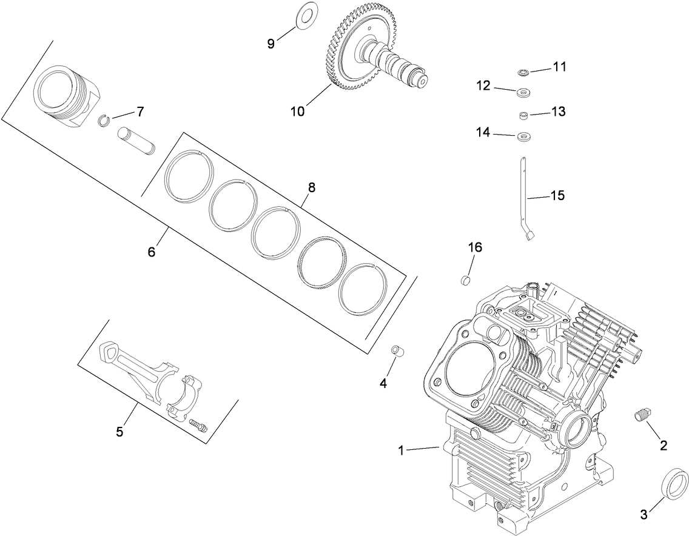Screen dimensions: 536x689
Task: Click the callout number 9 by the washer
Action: click(x=271, y=43)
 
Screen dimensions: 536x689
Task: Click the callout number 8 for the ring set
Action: click(x=311, y=187)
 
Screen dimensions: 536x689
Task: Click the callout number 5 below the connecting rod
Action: click(x=119, y=432)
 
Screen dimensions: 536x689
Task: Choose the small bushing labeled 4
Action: click(x=397, y=352)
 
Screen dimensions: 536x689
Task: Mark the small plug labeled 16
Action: click(x=466, y=280)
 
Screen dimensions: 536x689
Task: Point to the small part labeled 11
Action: click(x=523, y=73)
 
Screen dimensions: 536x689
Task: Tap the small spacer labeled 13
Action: click(x=523, y=115)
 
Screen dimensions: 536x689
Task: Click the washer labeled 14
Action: click(x=523, y=137)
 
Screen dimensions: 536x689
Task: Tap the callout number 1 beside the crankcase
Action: click(x=401, y=450)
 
